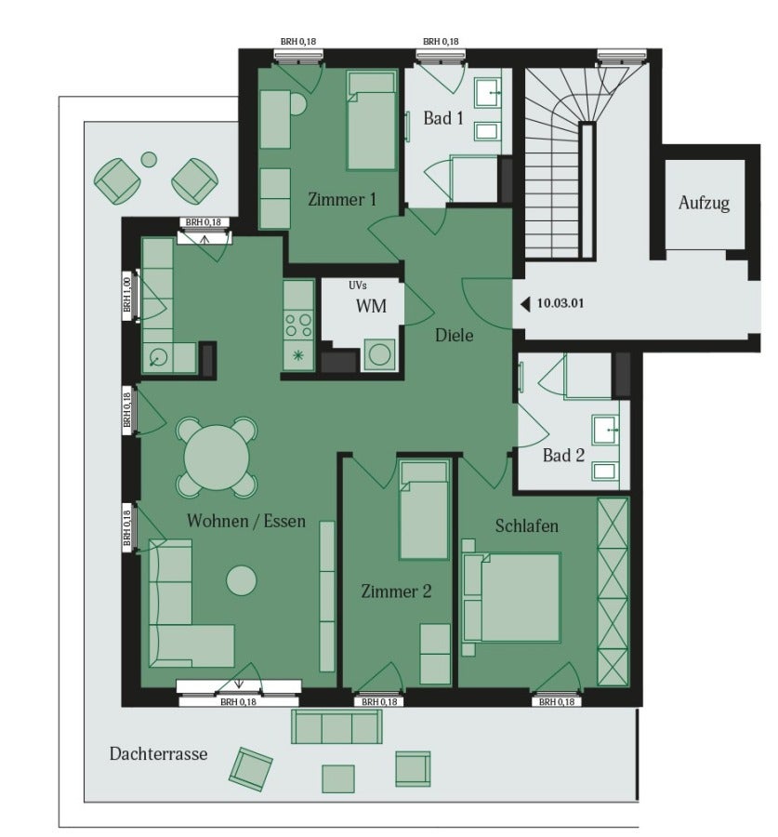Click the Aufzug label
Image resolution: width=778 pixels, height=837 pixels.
(704, 204)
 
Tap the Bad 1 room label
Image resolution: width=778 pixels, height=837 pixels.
(442, 118)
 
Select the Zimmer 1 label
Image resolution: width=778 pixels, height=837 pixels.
(342, 200)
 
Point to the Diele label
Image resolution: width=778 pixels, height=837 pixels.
(455, 335)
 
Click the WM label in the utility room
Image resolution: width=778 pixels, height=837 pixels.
(371, 306)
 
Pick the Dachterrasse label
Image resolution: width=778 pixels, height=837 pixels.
(158, 753)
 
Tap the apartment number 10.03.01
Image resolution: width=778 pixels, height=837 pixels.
(560, 303)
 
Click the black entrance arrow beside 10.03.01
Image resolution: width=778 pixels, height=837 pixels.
(525, 304)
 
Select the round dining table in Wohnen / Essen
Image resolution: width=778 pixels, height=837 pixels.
(217, 458)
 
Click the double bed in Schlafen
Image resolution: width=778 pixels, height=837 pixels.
(512, 597)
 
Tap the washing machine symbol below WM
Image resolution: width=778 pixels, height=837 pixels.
(379, 354)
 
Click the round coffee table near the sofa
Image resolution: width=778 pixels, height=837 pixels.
(241, 580)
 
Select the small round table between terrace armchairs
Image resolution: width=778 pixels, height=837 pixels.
(149, 159)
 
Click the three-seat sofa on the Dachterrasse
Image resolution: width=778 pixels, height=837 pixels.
(336, 726)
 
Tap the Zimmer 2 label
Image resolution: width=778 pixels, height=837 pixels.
(396, 591)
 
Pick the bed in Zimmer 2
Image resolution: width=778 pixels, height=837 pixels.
(424, 511)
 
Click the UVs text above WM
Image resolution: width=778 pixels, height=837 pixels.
(358, 286)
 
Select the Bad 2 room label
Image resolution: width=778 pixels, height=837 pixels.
(563, 456)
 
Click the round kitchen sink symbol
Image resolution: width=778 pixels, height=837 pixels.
(159, 356)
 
